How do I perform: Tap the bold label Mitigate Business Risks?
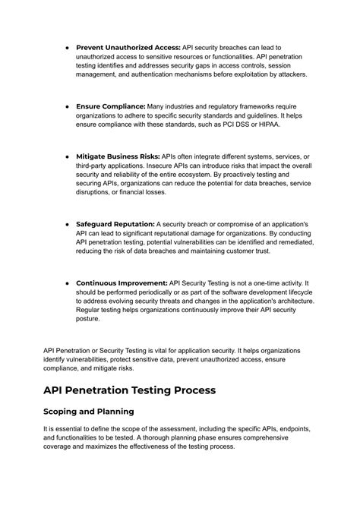(x=118, y=156)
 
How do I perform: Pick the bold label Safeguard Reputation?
(x=115, y=224)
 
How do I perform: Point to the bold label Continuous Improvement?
(x=122, y=282)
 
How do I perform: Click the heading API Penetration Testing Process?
(x=130, y=390)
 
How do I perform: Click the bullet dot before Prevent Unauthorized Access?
(x=68, y=47)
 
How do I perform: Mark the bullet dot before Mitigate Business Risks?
(x=68, y=156)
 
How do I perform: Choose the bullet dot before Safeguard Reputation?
(x=68, y=224)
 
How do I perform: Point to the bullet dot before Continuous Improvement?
(x=68, y=282)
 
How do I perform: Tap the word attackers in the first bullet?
(x=287, y=74)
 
